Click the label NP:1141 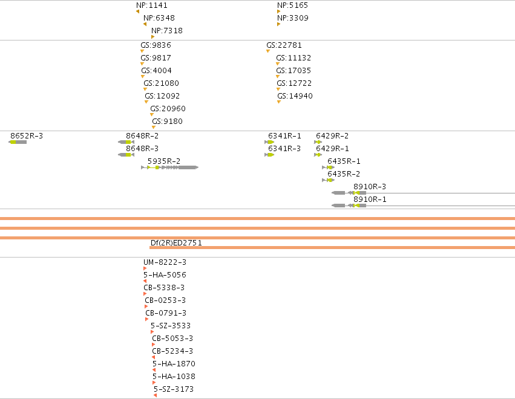[152, 5]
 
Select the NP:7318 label [167, 31]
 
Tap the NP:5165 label [293, 5]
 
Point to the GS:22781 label [284, 45]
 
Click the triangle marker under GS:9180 [153, 128]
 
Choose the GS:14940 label [295, 96]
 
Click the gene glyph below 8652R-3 [18, 142]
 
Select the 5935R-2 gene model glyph [170, 167]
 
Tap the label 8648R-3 [142, 149]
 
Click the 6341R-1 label [284, 136]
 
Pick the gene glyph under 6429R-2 [318, 142]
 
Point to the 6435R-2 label [344, 174]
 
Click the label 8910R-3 [370, 187]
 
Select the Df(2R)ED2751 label [176, 243]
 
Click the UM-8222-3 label [165, 262]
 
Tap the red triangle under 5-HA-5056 [145, 281]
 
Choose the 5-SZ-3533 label [171, 326]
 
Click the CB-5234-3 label [172, 351]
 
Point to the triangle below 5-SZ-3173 [155, 395]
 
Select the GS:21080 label [161, 83]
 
